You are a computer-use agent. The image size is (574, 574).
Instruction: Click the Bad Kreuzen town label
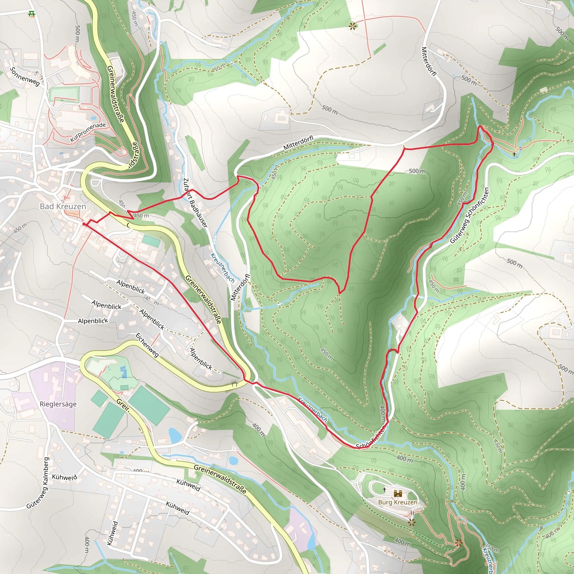[63, 207]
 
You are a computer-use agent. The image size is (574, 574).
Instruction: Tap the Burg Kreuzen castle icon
[398, 494]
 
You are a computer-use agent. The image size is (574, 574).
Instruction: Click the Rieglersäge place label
[58, 404]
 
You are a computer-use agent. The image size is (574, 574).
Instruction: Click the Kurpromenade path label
[88, 132]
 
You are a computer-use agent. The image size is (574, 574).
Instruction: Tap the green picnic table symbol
[32, 14]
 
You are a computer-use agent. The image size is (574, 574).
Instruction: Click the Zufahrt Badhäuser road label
[195, 203]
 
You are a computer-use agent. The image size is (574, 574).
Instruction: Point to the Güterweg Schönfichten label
[469, 216]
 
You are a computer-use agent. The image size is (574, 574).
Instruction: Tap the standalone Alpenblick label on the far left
[93, 321]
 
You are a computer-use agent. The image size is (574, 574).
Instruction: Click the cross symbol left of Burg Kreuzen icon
[385, 489]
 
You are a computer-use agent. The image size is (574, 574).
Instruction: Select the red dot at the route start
[84, 224]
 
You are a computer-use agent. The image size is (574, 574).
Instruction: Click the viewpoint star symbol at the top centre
[352, 27]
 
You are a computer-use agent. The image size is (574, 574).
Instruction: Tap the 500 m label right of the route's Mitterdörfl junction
[417, 171]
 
